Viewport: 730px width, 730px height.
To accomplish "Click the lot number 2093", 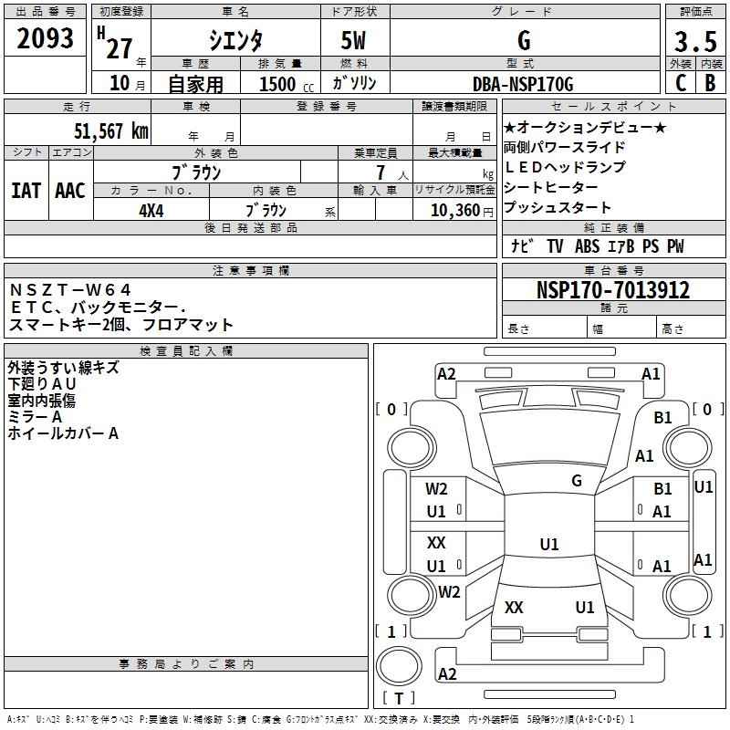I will point(45,38).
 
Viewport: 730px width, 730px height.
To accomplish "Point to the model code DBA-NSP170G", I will point(523,84).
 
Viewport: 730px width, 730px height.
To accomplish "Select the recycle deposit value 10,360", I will point(449,210).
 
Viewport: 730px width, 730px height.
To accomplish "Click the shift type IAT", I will point(26,191).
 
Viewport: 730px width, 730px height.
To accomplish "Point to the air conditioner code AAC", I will point(70,191).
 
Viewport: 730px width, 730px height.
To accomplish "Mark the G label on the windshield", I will point(576,481).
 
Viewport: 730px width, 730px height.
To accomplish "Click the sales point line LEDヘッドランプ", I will point(565,167).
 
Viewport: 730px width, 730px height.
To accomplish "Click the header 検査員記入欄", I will point(186,350).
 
